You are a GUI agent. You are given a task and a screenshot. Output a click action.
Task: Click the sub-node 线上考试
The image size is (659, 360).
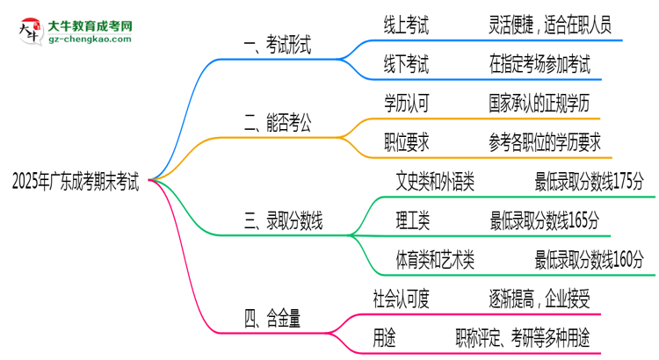406,25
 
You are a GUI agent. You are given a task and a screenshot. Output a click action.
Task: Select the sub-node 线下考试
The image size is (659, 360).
406,64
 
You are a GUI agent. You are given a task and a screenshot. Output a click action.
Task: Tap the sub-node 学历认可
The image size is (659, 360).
406,103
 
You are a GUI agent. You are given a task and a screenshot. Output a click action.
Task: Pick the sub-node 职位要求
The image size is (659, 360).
406,142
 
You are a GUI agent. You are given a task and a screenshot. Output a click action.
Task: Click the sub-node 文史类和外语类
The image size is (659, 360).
436,182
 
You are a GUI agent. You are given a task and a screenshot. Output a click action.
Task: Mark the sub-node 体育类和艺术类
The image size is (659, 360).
436,259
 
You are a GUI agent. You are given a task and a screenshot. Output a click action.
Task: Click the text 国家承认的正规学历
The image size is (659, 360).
545,103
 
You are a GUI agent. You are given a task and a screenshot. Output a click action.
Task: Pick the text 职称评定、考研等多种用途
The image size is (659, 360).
522,336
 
